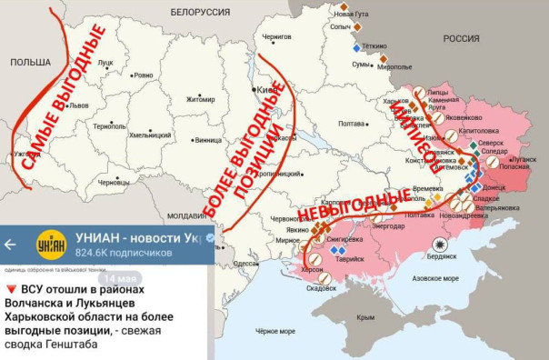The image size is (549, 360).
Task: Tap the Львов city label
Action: click(79, 105)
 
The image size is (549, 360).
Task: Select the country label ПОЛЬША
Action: click(30, 61)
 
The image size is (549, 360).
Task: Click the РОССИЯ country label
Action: click(460, 38)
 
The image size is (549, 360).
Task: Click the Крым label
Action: click(366, 317)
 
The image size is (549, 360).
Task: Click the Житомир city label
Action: click(201, 99)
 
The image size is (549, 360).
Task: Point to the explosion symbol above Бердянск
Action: click(442, 245)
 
